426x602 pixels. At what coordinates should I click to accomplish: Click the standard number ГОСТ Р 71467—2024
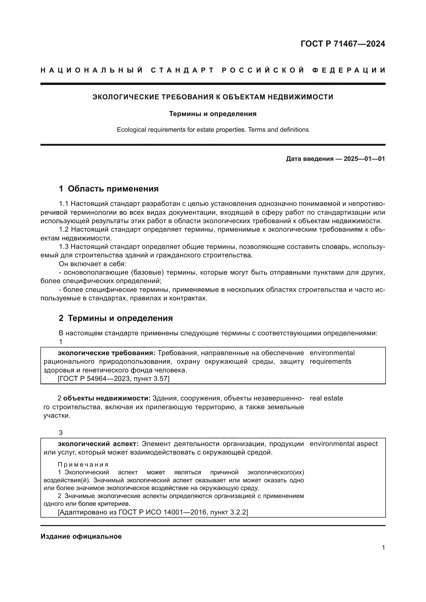click(343, 44)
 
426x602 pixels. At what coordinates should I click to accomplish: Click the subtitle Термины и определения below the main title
click(212, 114)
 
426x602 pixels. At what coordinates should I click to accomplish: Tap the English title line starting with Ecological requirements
click(212, 129)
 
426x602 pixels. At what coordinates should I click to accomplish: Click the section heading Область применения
click(113, 188)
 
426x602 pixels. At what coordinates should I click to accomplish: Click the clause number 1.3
click(64, 247)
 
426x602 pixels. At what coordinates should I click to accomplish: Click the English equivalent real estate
click(326, 398)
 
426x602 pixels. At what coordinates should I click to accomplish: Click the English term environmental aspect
click(343, 444)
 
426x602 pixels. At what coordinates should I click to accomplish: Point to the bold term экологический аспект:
click(98, 444)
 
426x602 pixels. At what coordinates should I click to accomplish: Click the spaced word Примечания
click(83, 464)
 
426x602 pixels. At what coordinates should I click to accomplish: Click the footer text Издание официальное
click(81, 536)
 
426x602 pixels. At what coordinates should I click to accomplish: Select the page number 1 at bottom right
click(383, 547)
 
